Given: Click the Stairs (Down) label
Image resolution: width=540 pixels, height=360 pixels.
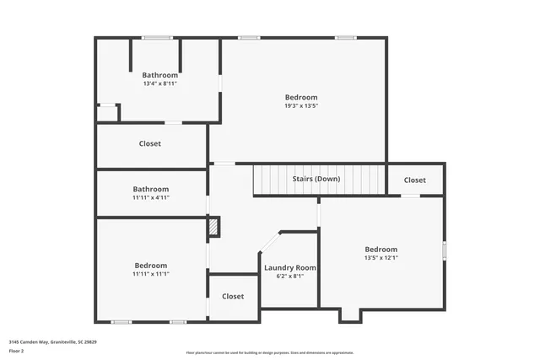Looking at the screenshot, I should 316,180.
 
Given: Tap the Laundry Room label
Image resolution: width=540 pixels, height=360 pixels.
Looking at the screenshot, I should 289,267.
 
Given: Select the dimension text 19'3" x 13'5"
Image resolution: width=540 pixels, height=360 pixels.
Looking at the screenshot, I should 301,105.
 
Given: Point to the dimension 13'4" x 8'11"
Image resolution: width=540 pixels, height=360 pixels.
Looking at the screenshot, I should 159,83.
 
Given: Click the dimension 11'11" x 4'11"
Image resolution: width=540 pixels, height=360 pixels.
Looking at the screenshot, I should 151,197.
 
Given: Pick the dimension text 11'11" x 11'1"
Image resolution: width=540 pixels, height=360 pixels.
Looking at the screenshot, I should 151,273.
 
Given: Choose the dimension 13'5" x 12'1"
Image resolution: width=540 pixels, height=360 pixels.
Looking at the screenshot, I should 381,258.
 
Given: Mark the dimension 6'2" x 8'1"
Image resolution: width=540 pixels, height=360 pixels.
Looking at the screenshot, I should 289,276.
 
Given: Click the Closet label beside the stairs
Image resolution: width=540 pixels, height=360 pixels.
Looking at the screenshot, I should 414,180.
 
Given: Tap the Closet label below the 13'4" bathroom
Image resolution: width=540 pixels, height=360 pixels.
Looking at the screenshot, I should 150,143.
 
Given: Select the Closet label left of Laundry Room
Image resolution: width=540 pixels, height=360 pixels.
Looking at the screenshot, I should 233,296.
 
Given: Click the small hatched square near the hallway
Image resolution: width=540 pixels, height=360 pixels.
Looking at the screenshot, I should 214,226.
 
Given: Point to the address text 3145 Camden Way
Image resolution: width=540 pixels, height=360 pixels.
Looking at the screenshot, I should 53,342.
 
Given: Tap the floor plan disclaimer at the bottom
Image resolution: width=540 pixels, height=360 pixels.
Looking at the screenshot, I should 270,352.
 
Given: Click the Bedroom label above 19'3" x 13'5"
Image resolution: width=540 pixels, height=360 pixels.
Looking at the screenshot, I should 301,97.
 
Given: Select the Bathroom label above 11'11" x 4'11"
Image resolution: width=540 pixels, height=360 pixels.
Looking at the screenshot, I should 151,189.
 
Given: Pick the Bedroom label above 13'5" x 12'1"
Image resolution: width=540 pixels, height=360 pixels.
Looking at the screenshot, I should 381,250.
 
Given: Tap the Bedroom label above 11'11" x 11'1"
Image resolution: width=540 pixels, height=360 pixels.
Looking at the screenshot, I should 151,265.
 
